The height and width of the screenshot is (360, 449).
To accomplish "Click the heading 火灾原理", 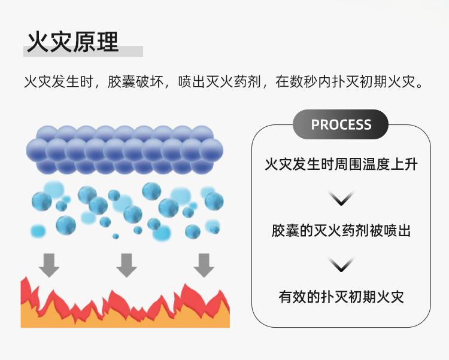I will click(x=73, y=42).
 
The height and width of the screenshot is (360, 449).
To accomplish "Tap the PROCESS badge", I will click(x=341, y=124).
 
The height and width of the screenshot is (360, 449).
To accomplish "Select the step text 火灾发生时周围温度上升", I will click(x=341, y=163).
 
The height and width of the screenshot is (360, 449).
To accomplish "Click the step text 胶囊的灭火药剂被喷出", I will click(x=341, y=230).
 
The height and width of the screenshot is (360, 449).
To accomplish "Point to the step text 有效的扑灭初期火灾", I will click(x=341, y=297).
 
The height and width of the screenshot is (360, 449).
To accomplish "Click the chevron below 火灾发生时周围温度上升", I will click(x=341, y=198).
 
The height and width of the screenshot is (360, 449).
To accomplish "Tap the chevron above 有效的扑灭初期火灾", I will click(x=341, y=264).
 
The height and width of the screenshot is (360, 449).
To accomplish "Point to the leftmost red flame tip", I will click(x=25, y=285).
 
